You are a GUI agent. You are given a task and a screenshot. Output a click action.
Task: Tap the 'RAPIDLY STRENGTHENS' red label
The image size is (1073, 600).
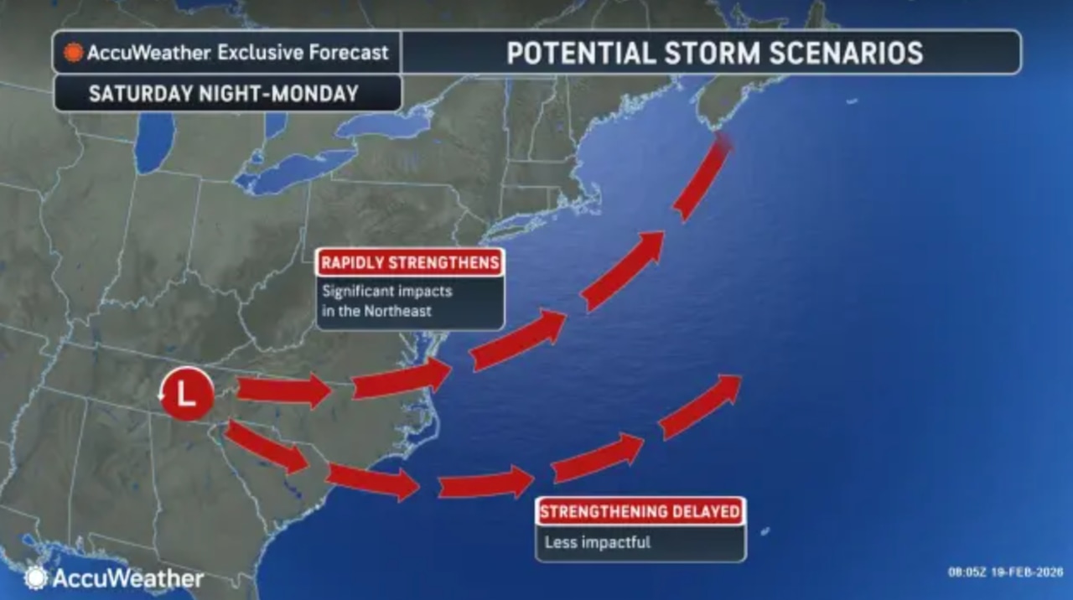coord(410,262)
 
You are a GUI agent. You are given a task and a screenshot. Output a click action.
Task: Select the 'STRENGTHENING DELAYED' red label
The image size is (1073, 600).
coord(640,511)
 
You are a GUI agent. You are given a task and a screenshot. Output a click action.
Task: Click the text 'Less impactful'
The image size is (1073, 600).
coord(597,542)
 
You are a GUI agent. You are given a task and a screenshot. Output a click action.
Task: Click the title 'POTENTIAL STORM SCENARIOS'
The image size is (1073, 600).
coord(714,53)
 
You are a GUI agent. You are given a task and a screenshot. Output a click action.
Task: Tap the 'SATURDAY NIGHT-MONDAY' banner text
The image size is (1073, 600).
coord(224,94)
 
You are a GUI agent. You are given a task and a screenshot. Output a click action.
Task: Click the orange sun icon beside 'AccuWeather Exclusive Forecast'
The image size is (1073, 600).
coord(74,53)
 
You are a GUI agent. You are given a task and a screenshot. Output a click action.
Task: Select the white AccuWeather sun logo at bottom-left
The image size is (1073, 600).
coord(35,577)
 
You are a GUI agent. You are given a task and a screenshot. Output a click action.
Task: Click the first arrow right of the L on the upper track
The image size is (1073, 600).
coord(283,391)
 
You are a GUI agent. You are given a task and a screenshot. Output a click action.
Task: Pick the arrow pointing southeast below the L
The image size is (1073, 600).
coord(267,447)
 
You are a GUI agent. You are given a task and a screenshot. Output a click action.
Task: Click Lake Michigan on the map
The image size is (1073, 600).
coord(153,142)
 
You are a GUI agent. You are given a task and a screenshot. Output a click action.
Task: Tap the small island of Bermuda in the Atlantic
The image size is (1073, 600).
coord(765,531)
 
